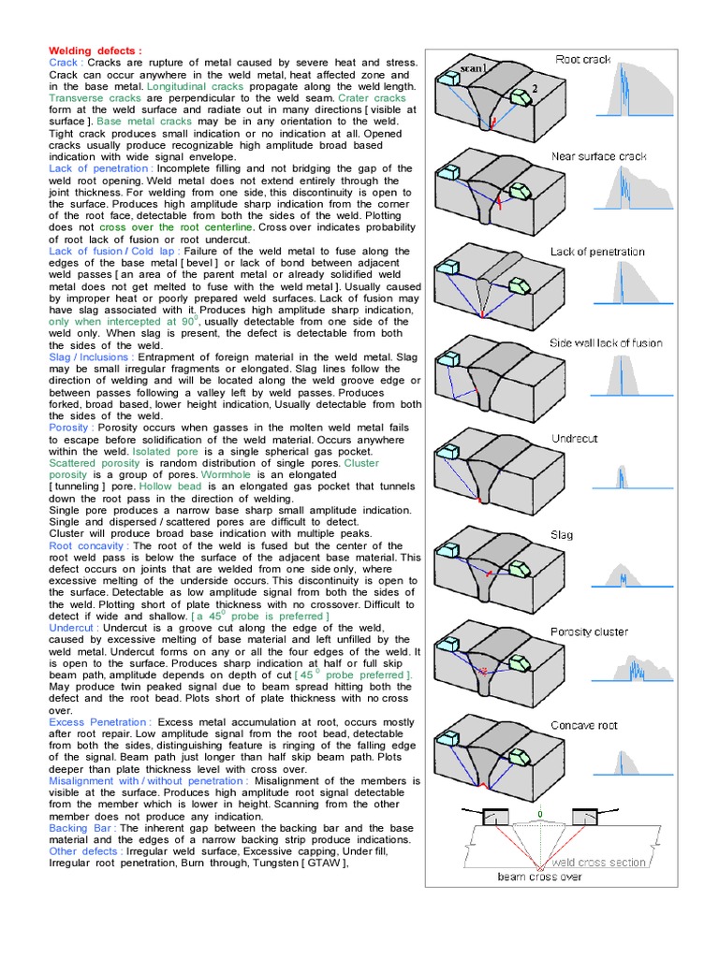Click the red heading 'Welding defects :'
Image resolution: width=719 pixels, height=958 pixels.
[95, 51]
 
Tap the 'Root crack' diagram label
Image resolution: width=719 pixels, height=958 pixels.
[582, 59]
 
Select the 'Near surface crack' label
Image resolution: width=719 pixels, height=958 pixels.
[598, 156]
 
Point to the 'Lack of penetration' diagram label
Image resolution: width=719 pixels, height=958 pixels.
[597, 252]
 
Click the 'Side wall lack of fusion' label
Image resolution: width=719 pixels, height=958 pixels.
[606, 343]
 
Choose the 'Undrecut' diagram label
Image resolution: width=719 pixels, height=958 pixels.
[575, 438]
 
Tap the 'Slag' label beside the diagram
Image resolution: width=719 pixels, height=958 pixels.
[562, 535]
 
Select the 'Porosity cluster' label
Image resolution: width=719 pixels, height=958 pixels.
[589, 631]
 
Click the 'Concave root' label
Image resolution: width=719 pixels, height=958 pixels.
[584, 725]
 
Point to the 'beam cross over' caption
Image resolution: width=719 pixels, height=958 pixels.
[541, 877]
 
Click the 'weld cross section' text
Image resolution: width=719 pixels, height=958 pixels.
[598, 863]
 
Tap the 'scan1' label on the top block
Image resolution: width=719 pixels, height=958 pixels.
[474, 68]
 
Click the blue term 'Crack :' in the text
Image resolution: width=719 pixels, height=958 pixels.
[66, 63]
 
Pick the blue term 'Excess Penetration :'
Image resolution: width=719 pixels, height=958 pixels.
[99, 721]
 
